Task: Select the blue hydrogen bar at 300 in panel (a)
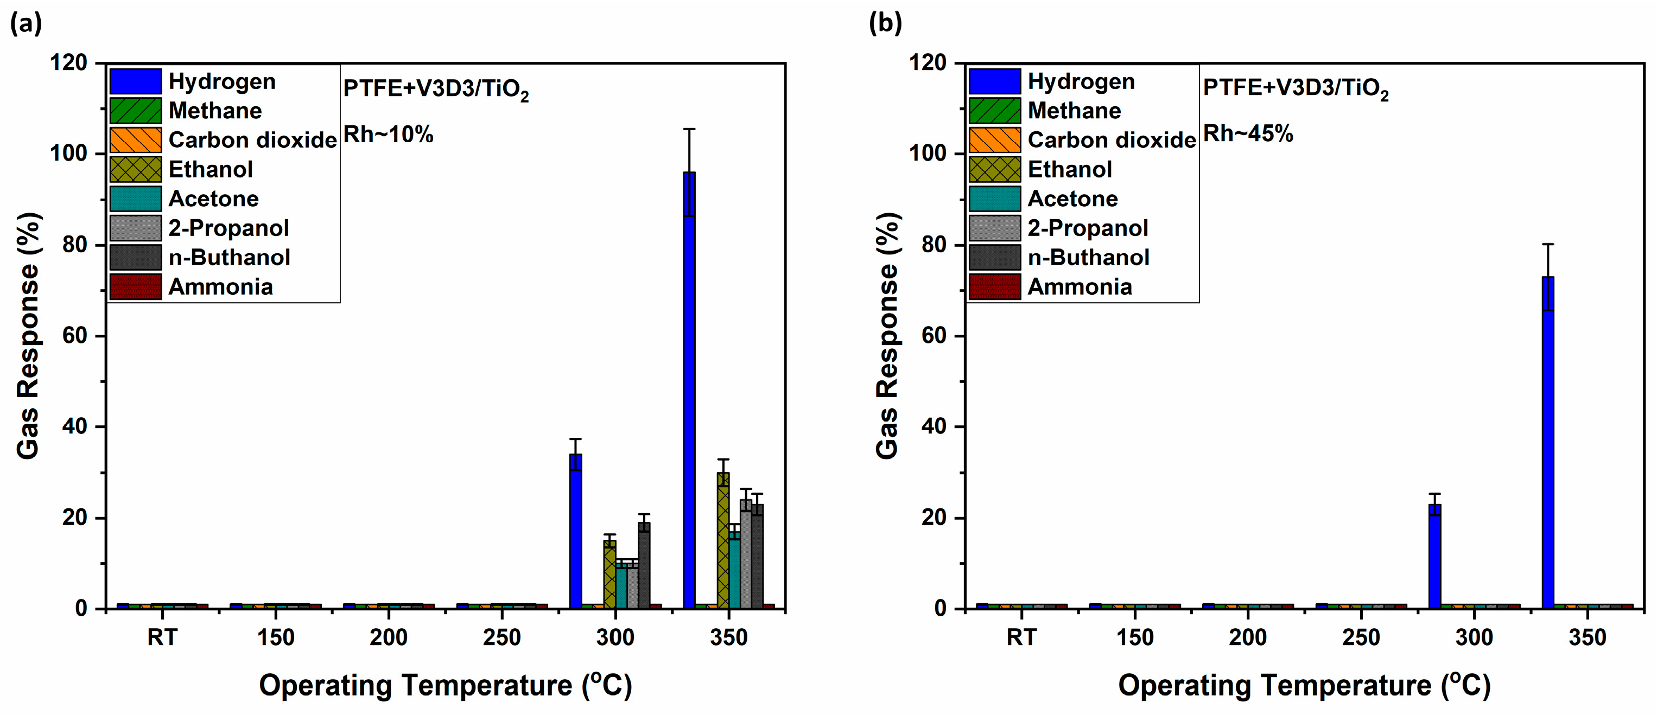575,534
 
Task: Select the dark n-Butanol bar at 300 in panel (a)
644,566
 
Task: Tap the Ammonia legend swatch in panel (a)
135,287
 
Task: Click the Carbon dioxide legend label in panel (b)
1111,139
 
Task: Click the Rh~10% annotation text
388,135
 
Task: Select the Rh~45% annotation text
1247,134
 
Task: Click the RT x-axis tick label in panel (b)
1021,637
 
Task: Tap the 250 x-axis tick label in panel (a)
501,637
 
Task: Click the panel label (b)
885,23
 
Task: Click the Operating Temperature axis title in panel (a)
445,685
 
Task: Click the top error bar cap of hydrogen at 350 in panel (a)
689,129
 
